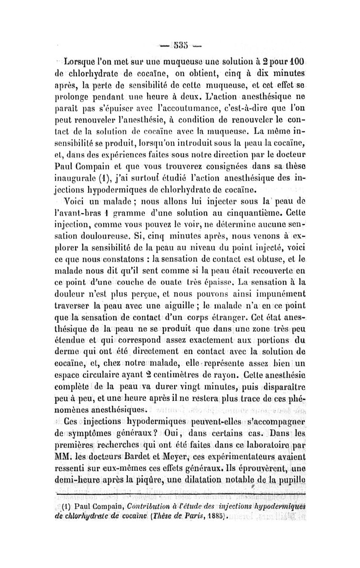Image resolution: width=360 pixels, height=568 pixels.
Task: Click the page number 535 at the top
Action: tap(180, 45)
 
